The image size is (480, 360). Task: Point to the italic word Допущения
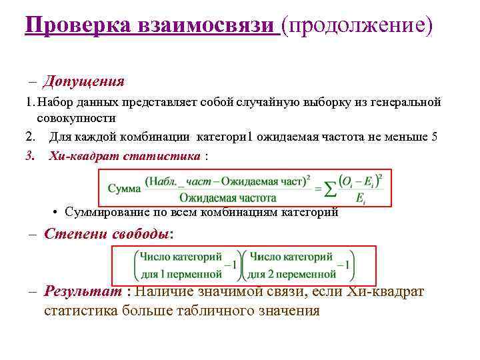click(x=83, y=82)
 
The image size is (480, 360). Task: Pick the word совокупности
click(x=76, y=118)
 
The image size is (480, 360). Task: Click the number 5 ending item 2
click(x=435, y=137)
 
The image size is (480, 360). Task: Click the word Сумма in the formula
click(x=124, y=188)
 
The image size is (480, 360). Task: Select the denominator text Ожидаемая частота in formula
click(x=227, y=197)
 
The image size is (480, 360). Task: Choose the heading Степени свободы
click(x=107, y=235)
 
